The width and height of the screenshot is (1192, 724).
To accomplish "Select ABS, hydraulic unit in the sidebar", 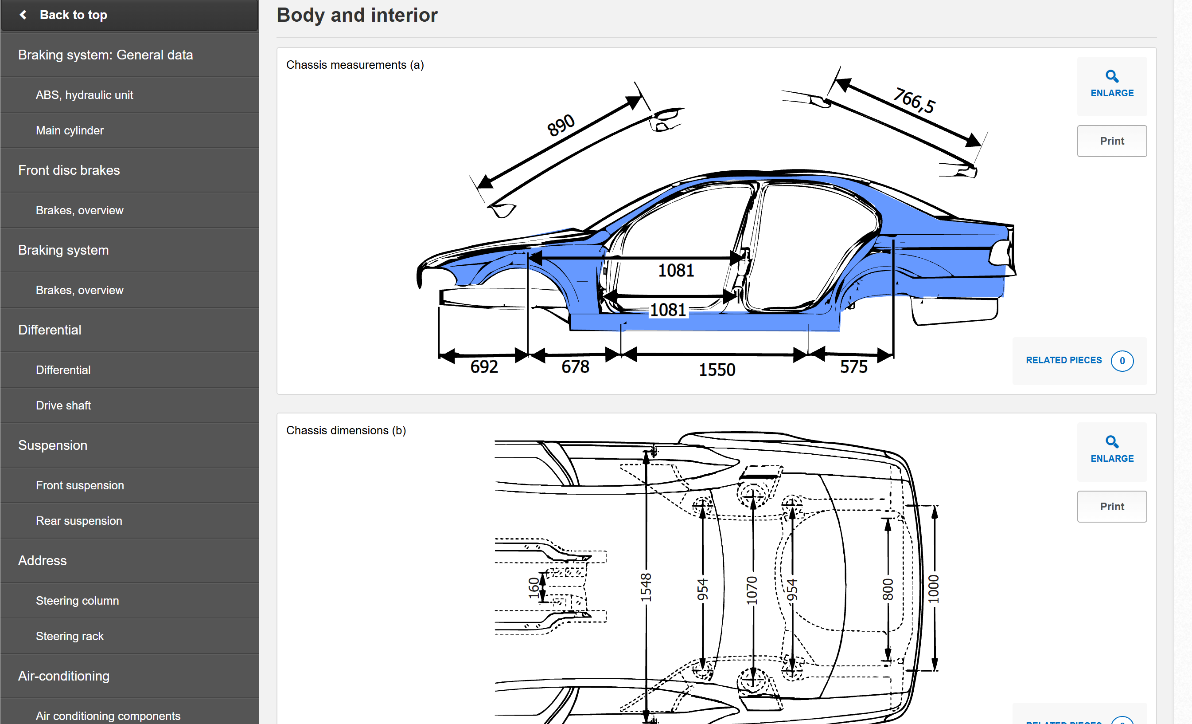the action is click(x=84, y=95).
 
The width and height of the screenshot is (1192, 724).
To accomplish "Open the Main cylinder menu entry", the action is click(x=70, y=130).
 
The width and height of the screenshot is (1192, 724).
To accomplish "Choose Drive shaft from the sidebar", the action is click(x=63, y=405).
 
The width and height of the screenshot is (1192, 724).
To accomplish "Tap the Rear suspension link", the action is click(x=79, y=521).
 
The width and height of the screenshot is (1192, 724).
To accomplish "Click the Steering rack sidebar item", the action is click(x=70, y=636).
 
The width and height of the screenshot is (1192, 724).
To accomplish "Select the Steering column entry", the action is click(x=78, y=601).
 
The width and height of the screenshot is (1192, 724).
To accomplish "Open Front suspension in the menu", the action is click(x=80, y=485).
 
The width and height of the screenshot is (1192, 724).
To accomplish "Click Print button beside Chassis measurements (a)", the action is click(x=1112, y=141).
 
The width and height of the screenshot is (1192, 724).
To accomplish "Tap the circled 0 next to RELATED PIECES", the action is click(x=1122, y=361).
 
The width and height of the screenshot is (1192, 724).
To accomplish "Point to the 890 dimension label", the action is click(x=561, y=126).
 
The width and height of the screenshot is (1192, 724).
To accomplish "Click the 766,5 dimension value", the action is click(x=914, y=100).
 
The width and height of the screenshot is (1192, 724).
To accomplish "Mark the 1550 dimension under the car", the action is click(x=717, y=370).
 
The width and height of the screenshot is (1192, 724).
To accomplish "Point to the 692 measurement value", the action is click(x=484, y=366).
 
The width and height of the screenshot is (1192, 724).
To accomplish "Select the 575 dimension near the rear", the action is click(x=853, y=366).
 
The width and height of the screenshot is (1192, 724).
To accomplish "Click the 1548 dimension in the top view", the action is click(x=646, y=587).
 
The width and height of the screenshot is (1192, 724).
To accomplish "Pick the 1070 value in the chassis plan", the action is click(x=751, y=591).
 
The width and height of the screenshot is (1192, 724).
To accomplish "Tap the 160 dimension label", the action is click(x=534, y=587).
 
